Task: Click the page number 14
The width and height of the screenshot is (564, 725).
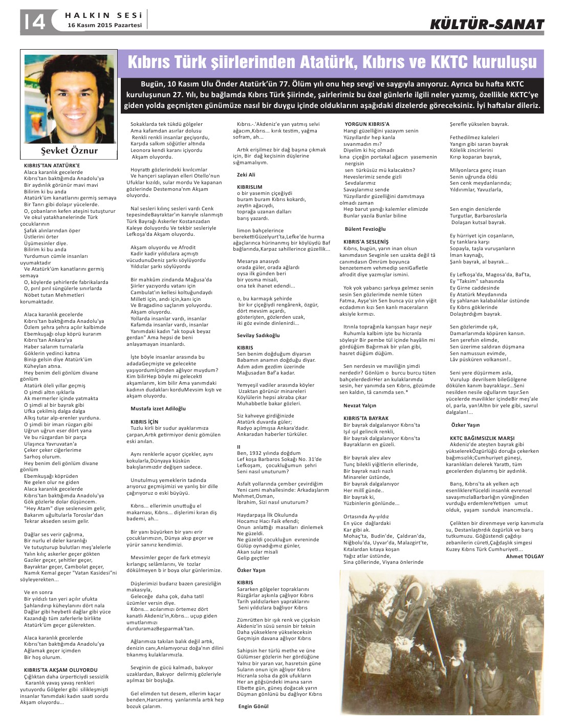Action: (33, 21)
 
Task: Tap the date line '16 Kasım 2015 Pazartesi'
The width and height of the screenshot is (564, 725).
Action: (104, 25)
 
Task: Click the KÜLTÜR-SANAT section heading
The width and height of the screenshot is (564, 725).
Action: (487, 24)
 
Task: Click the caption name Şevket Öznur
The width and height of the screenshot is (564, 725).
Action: (69, 150)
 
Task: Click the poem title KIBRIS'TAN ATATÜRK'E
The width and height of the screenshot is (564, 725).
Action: (52, 166)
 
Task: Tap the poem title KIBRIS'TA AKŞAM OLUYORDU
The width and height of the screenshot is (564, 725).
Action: (60, 670)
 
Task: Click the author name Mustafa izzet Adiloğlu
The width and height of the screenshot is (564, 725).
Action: (158, 408)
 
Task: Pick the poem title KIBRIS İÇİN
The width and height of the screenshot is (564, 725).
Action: (144, 422)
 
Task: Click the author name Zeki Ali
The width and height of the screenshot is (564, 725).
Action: (246, 174)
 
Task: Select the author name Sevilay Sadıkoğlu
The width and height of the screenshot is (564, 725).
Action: (258, 335)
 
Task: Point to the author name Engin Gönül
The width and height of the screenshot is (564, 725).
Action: (253, 706)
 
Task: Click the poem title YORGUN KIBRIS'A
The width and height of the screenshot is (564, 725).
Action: (366, 124)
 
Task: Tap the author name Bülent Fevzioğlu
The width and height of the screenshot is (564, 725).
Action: (365, 229)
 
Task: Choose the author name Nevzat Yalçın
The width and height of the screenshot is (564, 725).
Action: (360, 405)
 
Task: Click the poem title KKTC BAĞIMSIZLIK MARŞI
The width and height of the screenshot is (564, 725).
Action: (482, 438)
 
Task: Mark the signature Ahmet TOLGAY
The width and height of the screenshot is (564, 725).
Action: (525, 556)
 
